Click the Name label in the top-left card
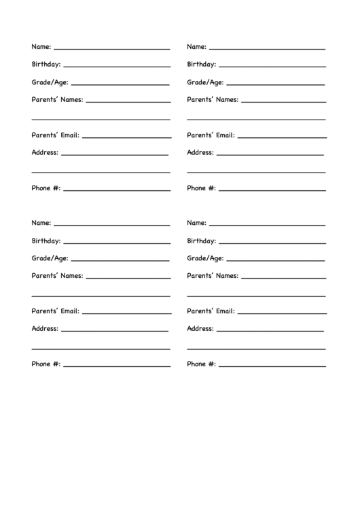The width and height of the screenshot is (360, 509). pos(41,47)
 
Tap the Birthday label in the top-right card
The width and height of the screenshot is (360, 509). pos(202,65)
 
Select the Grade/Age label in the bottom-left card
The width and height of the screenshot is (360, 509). pos(50,258)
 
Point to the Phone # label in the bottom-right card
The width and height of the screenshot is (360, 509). pos(202,364)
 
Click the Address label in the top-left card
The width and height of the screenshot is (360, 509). pos(45,152)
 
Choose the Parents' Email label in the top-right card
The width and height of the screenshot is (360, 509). pos(211,135)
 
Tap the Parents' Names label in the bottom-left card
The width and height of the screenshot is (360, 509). pos(58,276)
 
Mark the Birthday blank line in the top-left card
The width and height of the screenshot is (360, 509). pos(116,67)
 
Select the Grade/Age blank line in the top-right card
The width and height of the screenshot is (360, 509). pos(275,84)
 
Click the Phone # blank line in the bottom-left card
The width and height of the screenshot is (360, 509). pos(116,366)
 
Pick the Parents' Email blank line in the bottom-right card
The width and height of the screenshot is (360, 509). pos(282,313)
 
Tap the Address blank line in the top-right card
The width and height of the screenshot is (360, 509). pos(270,155)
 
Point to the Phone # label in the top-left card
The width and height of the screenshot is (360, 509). pos(46,188)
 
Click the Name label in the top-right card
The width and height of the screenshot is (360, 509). pos(197,47)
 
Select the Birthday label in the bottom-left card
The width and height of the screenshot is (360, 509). pos(46,241)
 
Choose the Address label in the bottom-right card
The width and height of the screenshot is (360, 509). pos(200,328)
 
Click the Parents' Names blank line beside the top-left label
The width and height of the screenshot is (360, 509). pos(128,102)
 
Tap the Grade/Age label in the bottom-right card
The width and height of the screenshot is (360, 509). pos(205,258)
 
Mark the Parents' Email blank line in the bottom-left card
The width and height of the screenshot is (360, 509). pos(126,313)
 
